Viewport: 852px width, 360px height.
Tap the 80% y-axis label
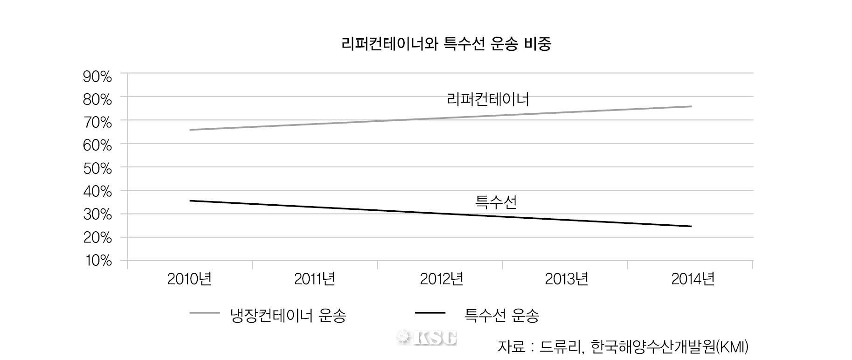pyautogui.click(x=97, y=100)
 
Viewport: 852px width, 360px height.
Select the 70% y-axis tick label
pyautogui.click(x=97, y=123)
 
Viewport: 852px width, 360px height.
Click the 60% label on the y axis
pyautogui.click(x=97, y=145)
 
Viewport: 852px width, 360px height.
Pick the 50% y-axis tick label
pyautogui.click(x=97, y=169)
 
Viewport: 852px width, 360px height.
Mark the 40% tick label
pyautogui.click(x=97, y=192)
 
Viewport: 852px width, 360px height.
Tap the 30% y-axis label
pyautogui.click(x=97, y=215)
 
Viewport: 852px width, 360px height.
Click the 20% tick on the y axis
pyautogui.click(x=97, y=238)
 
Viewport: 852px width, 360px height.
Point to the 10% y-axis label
pyautogui.click(x=98, y=261)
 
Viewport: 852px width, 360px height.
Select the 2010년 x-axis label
pyautogui.click(x=189, y=279)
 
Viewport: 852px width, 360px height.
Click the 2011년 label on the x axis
pyautogui.click(x=314, y=279)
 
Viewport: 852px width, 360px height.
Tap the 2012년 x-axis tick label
pyautogui.click(x=441, y=279)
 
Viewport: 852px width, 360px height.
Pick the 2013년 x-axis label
pyautogui.click(x=566, y=279)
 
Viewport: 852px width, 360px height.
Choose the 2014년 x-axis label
pyautogui.click(x=693, y=279)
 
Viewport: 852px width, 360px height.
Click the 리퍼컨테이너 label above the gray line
pyautogui.click(x=488, y=99)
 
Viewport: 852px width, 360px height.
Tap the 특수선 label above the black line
pyautogui.click(x=496, y=202)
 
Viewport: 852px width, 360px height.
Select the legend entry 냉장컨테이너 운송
pyautogui.click(x=288, y=316)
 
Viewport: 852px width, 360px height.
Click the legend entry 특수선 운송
pyautogui.click(x=502, y=316)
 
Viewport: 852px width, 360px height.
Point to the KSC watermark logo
pyautogui.click(x=426, y=337)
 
